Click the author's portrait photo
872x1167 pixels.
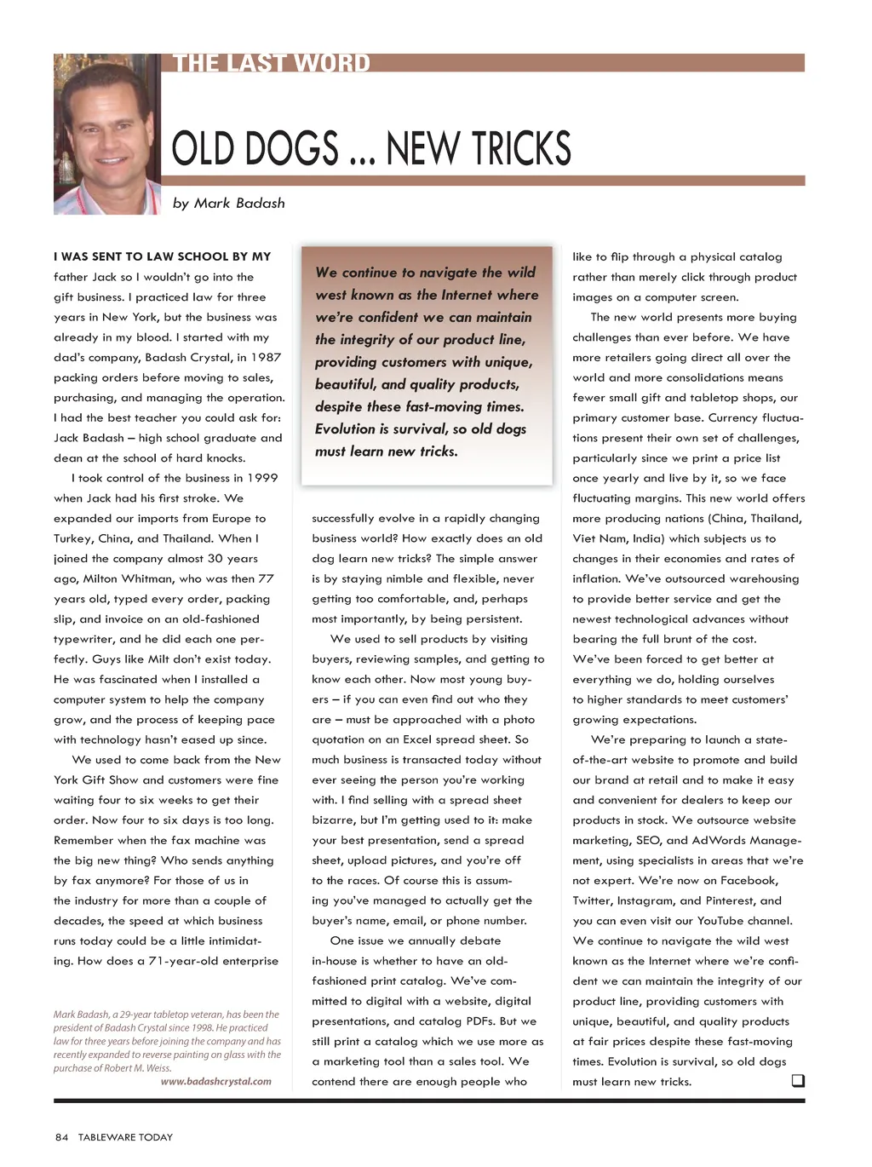(106, 135)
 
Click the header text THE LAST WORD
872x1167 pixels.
(272, 64)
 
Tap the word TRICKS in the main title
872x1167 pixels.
(520, 149)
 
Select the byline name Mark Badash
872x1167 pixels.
(239, 204)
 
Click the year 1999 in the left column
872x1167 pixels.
(260, 478)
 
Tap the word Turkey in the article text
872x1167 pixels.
(72, 538)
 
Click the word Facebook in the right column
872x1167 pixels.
(749, 881)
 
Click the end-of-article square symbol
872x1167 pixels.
(798, 1081)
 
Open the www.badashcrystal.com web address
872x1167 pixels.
(216, 1082)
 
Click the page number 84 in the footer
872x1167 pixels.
(61, 1137)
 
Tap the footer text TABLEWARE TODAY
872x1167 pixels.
(125, 1137)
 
